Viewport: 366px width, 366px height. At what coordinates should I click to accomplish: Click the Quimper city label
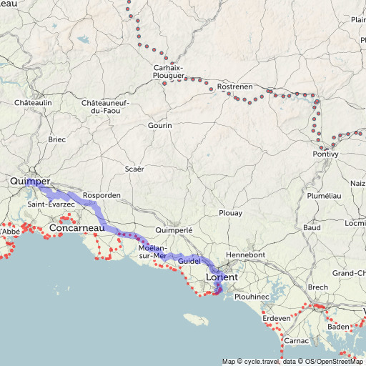(30, 182)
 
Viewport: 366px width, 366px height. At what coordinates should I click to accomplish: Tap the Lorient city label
(221, 276)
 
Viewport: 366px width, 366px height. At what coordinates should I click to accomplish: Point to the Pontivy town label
(325, 154)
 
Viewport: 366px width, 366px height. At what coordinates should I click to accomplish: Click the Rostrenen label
(234, 86)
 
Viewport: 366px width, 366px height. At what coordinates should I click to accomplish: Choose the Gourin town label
(160, 126)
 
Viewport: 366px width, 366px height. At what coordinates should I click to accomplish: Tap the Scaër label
(134, 169)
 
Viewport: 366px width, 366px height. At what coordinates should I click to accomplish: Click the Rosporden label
(102, 195)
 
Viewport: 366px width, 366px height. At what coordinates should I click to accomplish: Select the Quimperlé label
(174, 231)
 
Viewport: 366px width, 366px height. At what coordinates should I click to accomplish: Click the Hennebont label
(245, 254)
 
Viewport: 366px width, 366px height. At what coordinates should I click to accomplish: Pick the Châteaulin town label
(33, 103)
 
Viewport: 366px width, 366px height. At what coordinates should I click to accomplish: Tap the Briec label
(56, 139)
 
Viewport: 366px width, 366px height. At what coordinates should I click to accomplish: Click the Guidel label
(189, 262)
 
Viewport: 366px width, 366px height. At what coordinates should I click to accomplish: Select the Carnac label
(296, 341)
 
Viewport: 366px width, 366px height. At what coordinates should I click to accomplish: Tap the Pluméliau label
(324, 195)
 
